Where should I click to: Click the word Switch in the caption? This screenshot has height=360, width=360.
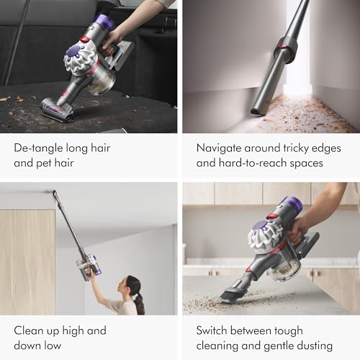[215, 330]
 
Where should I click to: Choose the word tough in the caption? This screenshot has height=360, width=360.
[305, 330]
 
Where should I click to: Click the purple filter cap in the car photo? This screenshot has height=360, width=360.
[104, 22]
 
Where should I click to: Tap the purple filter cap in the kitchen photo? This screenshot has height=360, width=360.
[291, 204]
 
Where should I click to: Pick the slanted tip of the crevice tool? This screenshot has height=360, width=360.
[258, 108]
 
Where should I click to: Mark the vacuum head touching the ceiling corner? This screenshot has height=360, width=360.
[54, 193]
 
